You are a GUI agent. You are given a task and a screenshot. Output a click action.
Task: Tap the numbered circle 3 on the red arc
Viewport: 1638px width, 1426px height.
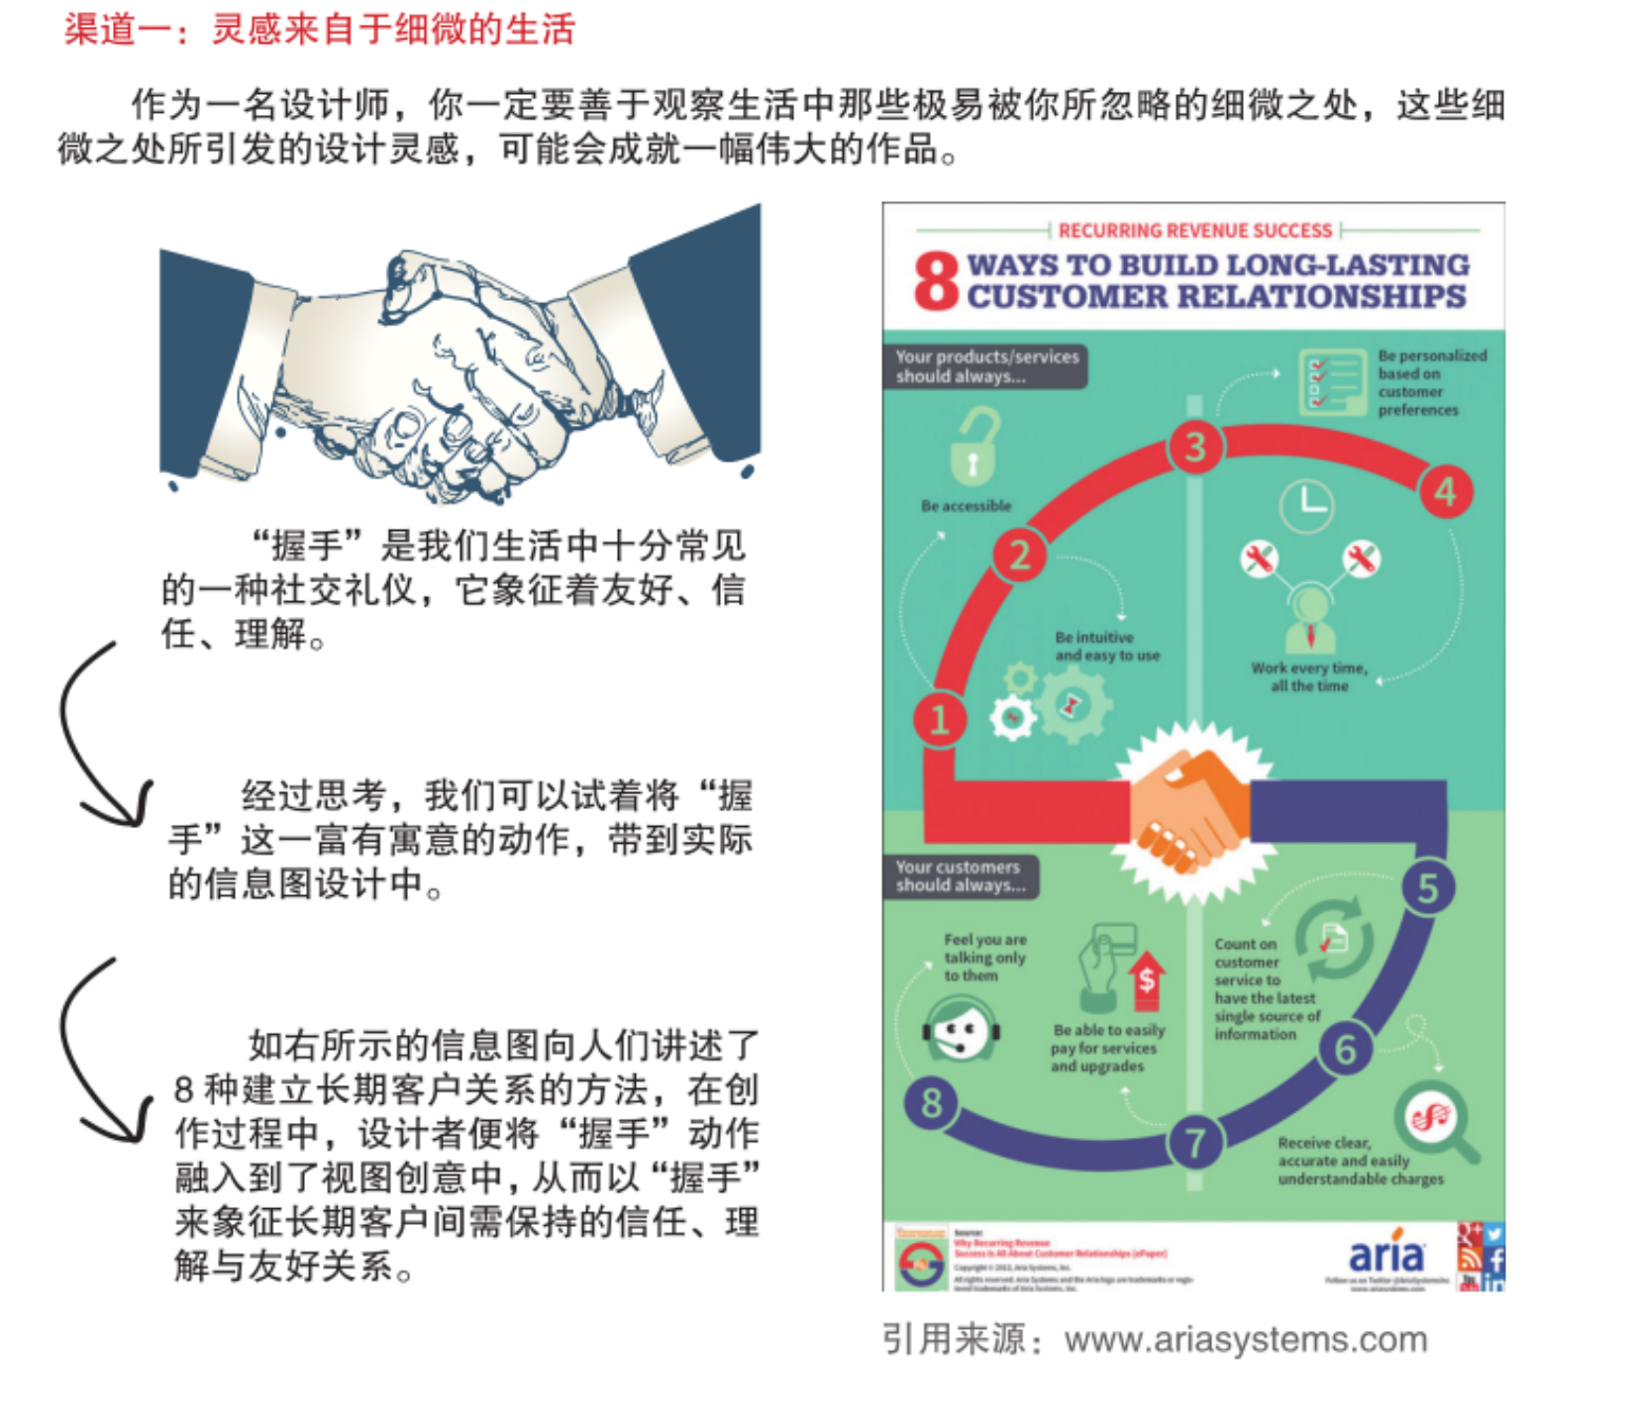1195,447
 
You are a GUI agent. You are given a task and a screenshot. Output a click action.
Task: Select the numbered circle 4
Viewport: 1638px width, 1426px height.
1445,491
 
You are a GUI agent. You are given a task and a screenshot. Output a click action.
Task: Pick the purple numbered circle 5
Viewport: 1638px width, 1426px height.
1427,888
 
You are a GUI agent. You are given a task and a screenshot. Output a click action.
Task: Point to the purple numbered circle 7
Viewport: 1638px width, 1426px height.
1195,1143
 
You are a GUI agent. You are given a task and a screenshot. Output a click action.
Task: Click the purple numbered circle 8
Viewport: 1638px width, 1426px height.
931,1102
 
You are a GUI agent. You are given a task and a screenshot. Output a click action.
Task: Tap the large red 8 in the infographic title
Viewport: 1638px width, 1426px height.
936,280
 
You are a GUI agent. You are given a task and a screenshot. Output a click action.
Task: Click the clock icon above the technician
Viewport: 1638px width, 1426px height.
1306,505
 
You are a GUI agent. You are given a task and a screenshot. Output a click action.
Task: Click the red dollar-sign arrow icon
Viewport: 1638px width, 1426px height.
1146,979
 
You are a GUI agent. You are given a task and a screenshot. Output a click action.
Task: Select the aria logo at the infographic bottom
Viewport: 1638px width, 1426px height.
1386,1255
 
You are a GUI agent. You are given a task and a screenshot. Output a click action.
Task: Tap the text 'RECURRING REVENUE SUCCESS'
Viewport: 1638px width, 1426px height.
1194,231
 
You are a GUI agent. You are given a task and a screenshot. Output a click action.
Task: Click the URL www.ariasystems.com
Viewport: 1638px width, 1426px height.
1246,1340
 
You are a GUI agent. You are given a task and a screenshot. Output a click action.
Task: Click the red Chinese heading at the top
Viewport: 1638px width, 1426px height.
319,30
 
